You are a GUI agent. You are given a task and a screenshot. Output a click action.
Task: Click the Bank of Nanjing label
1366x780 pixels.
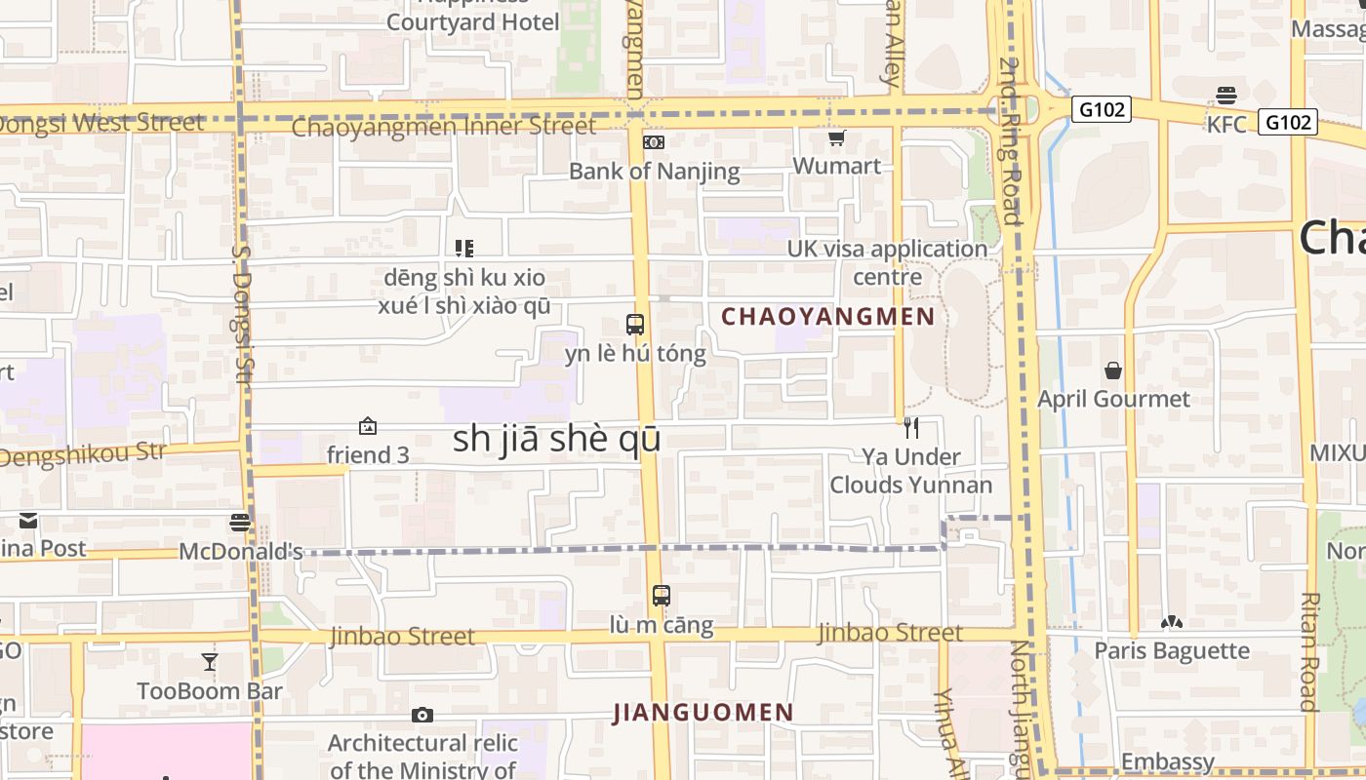(654, 172)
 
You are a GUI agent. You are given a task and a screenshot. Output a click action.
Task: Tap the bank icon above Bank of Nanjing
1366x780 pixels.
(654, 142)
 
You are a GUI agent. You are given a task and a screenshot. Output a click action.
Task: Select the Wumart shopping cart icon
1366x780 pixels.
(836, 138)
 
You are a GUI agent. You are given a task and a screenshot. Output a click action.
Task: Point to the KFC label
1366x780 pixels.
(1226, 125)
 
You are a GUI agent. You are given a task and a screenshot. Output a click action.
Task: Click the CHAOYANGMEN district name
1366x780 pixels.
(827, 317)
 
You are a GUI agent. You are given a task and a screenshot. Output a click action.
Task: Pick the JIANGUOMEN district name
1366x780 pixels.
(703, 713)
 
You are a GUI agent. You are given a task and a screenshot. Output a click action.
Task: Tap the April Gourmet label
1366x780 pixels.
(1113, 399)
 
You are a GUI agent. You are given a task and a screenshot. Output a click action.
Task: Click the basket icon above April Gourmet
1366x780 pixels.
(1113, 370)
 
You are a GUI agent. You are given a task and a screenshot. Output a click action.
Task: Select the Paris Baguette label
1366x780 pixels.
(1172, 650)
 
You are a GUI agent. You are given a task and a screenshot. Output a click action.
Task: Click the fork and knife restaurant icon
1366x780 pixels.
(910, 427)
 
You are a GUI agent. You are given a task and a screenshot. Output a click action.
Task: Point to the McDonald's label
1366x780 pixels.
(241, 552)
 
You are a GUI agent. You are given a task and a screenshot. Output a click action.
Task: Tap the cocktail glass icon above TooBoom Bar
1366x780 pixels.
(210, 663)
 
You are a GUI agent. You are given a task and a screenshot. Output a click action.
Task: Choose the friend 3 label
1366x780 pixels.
(368, 455)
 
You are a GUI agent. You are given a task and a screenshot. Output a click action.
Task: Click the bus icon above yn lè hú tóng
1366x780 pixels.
(635, 325)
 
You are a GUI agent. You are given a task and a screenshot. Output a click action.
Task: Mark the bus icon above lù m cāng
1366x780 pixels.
(662, 596)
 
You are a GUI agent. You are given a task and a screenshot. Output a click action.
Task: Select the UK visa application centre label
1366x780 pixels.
(888, 262)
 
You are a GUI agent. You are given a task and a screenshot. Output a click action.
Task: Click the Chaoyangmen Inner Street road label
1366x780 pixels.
(444, 127)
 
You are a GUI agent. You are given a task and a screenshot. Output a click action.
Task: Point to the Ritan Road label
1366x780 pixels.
(1309, 651)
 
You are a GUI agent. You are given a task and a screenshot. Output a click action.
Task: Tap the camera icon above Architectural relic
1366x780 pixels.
(422, 716)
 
